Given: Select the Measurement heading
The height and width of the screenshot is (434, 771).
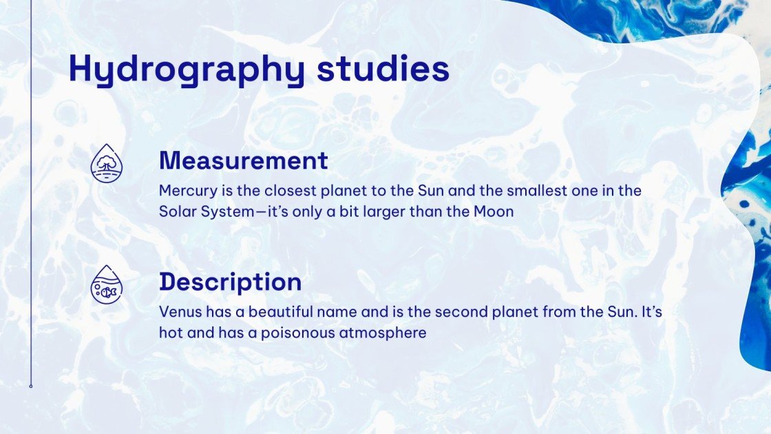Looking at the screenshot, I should pyautogui.click(x=243, y=161).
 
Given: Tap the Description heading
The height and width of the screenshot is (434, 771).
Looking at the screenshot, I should pyautogui.click(x=230, y=282).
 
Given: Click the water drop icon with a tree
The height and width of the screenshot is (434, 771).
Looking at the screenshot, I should pyautogui.click(x=107, y=163).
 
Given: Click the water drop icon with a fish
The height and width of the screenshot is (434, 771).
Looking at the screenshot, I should pyautogui.click(x=107, y=284).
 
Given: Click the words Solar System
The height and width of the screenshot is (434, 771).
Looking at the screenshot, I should pyautogui.click(x=206, y=211).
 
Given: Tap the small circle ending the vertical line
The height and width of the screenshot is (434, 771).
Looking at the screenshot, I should pyautogui.click(x=31, y=386).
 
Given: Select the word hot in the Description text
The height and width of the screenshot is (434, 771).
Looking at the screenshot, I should pyautogui.click(x=170, y=333).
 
